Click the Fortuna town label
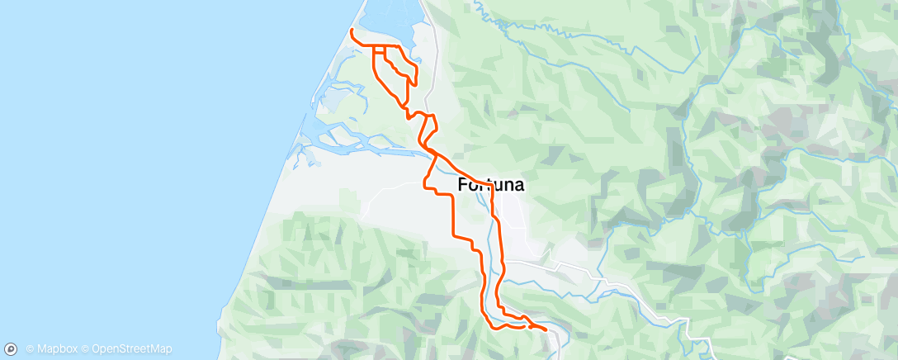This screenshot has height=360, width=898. pos(490,185)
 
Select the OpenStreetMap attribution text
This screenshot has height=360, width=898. pos(132,349)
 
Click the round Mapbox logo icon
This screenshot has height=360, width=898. pos(12,349)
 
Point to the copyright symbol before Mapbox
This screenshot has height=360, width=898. pos(30,349)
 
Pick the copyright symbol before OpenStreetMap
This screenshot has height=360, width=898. pos(86,349)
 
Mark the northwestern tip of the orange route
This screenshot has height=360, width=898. pos(352,31)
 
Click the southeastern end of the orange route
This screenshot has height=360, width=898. pos(545,330)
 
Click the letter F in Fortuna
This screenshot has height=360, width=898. pos(463,185)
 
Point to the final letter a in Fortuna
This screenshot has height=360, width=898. pos(518,185)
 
